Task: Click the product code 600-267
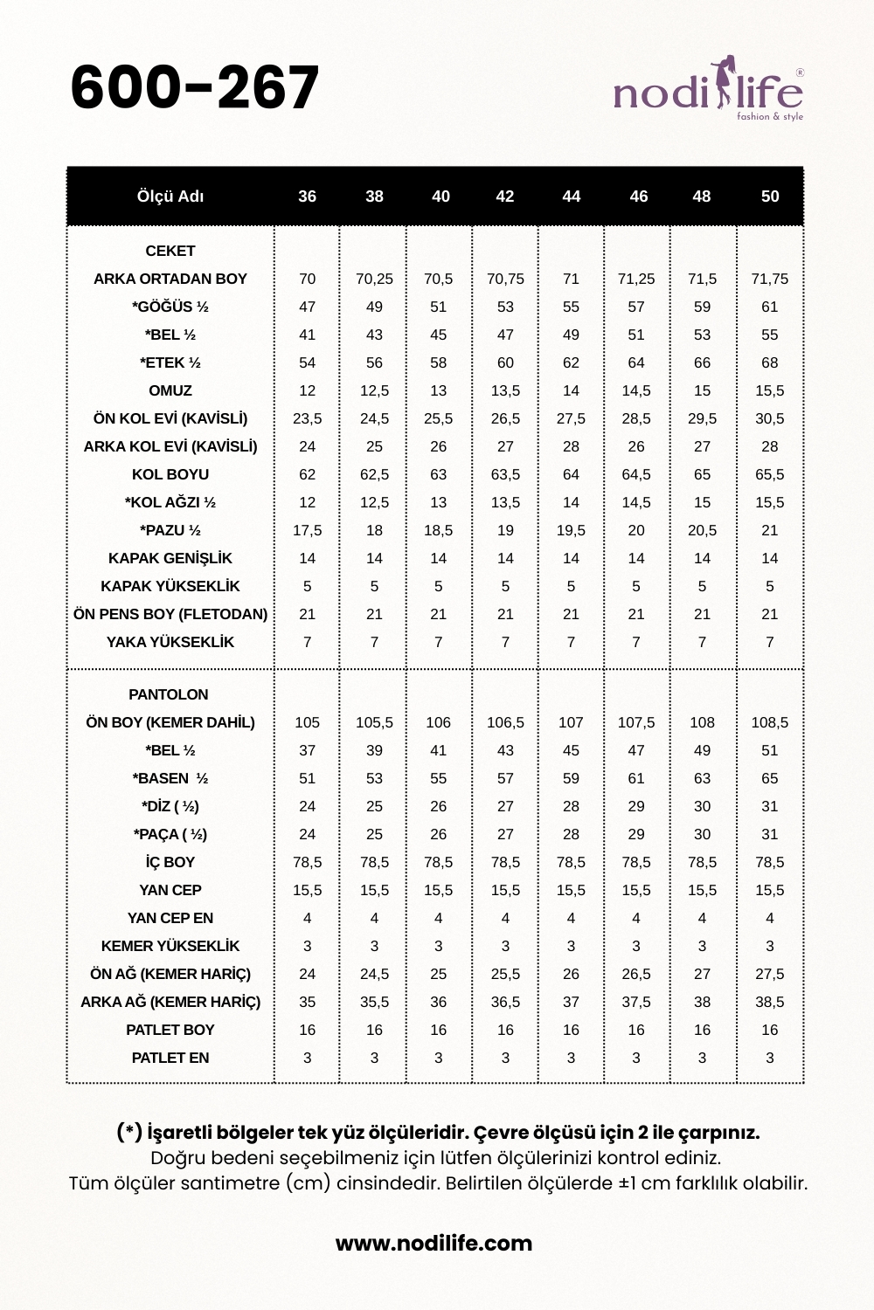coord(194,87)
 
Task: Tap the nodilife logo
coord(708,89)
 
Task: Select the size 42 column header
coord(505,196)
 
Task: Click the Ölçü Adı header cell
coord(170,196)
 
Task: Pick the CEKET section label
coord(170,251)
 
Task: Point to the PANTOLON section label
coord(169,694)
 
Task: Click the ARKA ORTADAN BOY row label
coord(170,279)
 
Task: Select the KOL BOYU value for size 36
coord(308,474)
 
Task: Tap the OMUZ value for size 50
coord(770,390)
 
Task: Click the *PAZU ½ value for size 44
coord(571,530)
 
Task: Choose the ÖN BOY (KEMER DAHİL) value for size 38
coord(374,722)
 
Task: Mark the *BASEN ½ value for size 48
coord(702,778)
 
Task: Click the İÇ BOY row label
coord(170,862)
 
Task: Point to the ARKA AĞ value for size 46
coord(636,1002)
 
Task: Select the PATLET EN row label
coord(170,1058)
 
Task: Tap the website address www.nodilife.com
coord(434,1243)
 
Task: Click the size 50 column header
coord(770,196)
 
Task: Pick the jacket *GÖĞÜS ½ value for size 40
coord(439,307)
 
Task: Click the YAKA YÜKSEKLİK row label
coord(170,642)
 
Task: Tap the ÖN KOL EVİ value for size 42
coord(505,418)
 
